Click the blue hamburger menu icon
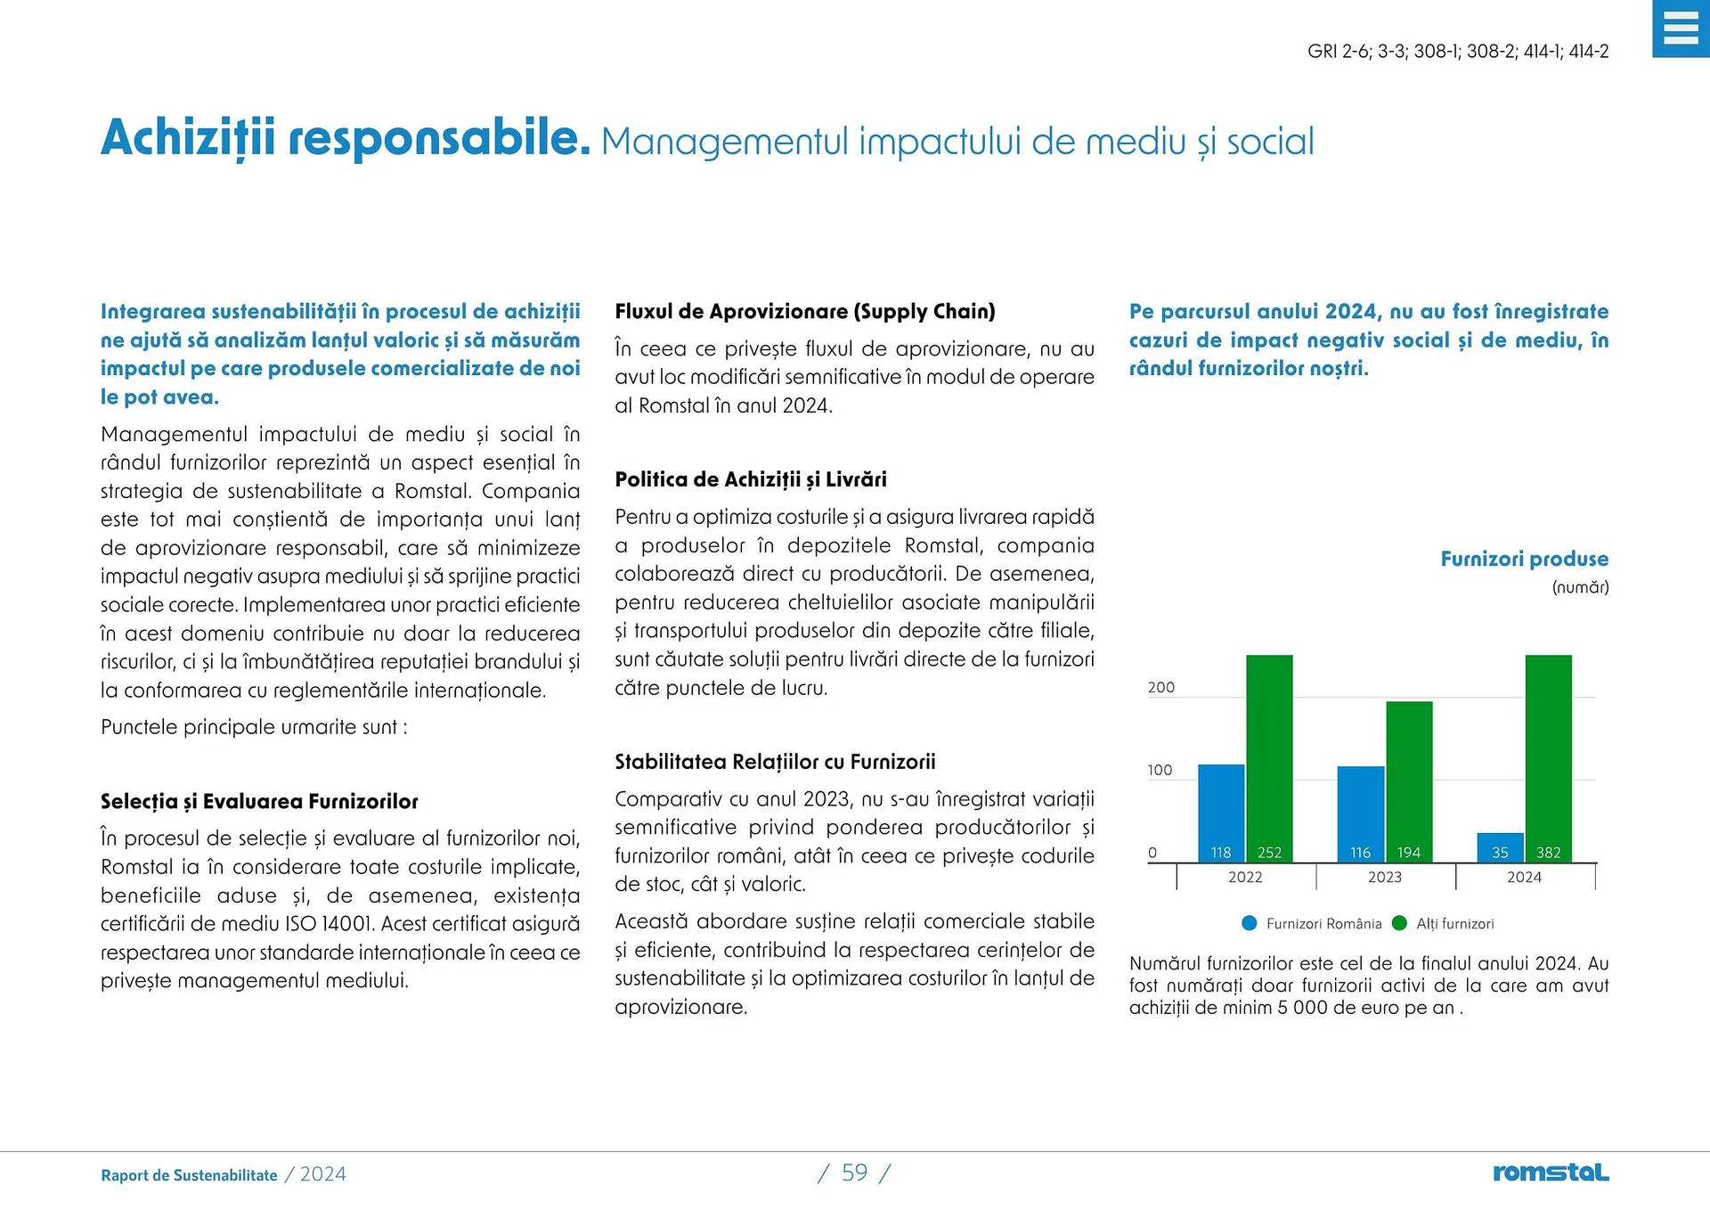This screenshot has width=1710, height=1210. [1681, 29]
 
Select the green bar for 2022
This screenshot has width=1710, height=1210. [1269, 757]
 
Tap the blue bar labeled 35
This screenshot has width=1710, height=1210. [1500, 847]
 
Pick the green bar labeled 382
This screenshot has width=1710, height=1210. [1548, 757]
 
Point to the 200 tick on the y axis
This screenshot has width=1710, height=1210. [1160, 688]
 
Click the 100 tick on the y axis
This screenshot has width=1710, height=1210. [1160, 771]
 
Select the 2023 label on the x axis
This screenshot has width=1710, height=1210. [1385, 878]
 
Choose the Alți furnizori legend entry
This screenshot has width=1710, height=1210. [1444, 924]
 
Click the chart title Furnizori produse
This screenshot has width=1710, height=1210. [1524, 560]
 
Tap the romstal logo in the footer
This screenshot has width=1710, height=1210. [1551, 1173]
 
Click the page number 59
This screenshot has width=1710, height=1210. [854, 1173]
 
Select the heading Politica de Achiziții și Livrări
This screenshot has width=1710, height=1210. [751, 480]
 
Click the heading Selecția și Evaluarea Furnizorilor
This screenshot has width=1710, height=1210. [259, 802]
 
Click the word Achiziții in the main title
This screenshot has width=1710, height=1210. [188, 139]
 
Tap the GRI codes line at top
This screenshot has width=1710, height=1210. [1458, 52]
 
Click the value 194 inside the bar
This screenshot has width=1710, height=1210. [1409, 853]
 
